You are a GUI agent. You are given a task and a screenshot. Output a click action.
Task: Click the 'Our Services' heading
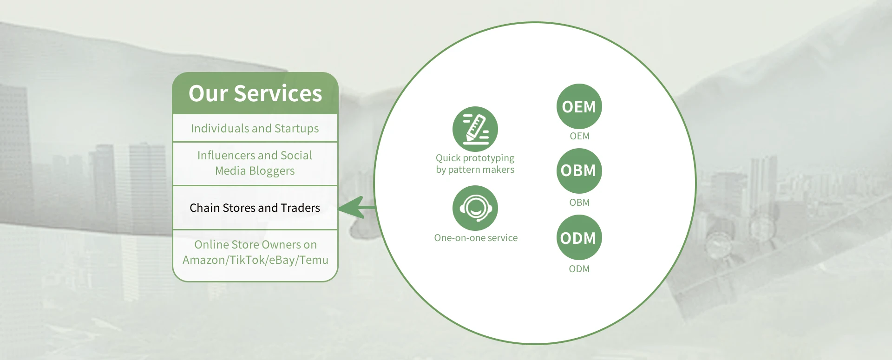pos(255,93)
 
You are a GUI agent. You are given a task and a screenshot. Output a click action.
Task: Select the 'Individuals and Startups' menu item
pos(255,128)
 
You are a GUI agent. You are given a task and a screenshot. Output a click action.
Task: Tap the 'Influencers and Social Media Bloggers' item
pos(255,163)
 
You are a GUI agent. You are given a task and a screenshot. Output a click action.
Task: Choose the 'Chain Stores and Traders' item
pos(255,208)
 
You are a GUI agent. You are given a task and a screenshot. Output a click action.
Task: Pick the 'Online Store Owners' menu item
pos(255,252)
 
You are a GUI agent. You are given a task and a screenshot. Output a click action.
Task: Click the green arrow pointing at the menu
pos(357,207)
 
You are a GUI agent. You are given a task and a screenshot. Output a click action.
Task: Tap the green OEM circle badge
pos(579,106)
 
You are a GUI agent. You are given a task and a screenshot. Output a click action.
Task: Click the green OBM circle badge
pos(579,171)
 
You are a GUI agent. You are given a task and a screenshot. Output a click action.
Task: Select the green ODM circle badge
pos(579,237)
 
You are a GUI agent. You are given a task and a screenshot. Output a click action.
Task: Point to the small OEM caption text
pos(579,136)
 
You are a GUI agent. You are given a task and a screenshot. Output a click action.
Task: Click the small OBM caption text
pos(579,203)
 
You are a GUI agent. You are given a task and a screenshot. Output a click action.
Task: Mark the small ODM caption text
pos(579,269)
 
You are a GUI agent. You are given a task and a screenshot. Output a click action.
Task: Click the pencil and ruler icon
pos(475,129)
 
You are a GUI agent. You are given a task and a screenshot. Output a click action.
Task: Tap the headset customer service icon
pos(475,208)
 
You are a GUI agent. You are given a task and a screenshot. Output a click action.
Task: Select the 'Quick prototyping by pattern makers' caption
pos(475,164)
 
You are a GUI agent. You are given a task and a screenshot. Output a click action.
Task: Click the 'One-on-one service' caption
pos(476,238)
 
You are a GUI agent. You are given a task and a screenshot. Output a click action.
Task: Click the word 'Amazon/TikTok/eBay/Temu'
pos(255,260)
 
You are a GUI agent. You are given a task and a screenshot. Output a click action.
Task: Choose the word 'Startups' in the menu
pos(296,129)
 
